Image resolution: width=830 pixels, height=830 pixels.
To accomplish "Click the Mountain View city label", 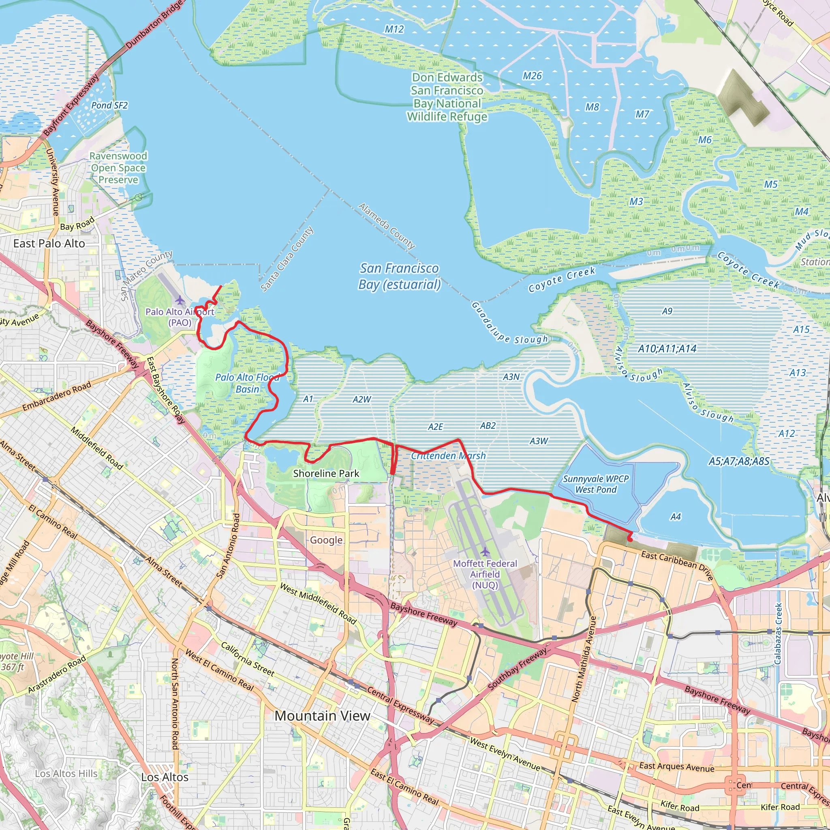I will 322,716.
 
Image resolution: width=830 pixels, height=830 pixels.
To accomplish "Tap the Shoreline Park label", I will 326,473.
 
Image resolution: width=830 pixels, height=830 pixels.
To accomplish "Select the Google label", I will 326,540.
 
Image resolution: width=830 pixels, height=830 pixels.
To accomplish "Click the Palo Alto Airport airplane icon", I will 180,300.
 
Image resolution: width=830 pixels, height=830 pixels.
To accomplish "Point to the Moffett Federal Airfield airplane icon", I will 485,551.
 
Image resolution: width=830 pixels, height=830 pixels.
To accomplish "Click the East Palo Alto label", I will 49,244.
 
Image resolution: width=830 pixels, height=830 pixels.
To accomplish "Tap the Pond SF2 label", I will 109,105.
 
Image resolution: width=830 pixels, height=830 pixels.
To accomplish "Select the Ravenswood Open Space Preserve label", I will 118,168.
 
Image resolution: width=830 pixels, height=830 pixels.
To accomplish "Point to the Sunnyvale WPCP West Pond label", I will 595,484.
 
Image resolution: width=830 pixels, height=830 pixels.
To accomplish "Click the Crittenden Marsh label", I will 448,456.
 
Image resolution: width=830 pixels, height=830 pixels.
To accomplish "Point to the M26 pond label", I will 532,76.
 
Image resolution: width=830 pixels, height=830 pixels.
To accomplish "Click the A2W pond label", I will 362,399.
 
